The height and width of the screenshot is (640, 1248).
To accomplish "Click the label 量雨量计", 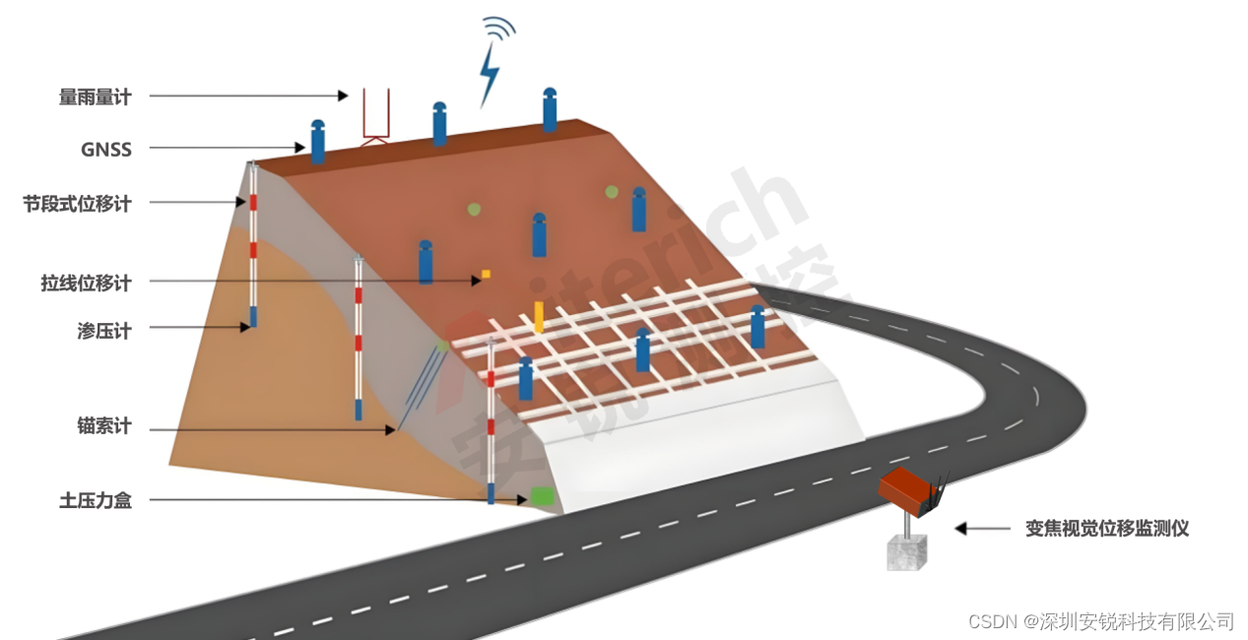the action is click(x=95, y=96).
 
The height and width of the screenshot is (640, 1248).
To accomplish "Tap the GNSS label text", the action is click(x=106, y=150).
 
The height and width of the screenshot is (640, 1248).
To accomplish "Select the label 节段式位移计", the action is click(x=77, y=204).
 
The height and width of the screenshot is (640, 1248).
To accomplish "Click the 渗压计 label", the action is click(x=103, y=331).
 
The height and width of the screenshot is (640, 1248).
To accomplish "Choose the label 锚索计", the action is click(x=103, y=427).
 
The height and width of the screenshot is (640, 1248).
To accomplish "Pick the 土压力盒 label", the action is click(x=96, y=500).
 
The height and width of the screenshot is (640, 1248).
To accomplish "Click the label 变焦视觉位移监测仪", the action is click(x=1107, y=529).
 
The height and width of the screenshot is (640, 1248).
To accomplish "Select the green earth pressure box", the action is click(x=541, y=496).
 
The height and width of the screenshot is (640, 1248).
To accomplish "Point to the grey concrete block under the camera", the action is click(x=906, y=552).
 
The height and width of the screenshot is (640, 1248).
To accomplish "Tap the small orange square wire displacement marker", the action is click(x=486, y=274).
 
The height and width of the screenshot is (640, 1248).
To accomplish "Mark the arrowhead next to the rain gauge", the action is click(x=342, y=96).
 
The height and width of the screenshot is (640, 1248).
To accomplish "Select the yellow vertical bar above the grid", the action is click(x=539, y=315).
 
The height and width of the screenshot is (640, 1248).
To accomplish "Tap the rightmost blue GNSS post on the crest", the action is click(x=550, y=109).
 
